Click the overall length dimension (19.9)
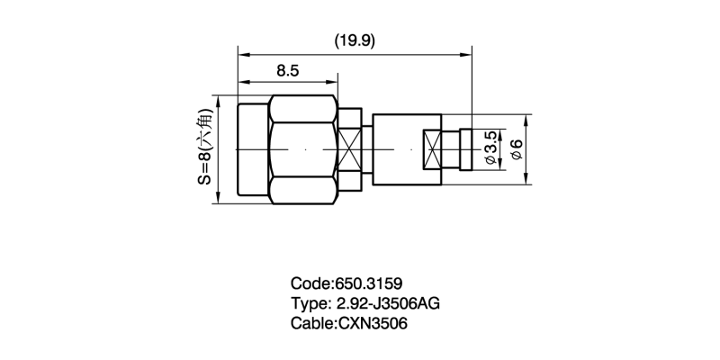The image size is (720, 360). (355, 41)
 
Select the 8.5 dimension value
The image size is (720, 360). (288, 71)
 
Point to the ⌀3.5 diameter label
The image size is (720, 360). (490, 148)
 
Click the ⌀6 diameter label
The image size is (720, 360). (517, 149)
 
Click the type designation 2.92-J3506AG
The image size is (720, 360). (389, 303)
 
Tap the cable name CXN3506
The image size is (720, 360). (373, 324)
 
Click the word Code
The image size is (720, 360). (310, 283)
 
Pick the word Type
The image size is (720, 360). (309, 303)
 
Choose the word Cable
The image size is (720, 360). (311, 324)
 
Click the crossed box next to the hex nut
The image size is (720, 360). (349, 149)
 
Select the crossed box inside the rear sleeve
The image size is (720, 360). (432, 149)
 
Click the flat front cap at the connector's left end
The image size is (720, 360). (253, 149)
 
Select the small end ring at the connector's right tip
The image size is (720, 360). (466, 149)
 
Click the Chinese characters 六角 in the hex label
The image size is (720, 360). (205, 125)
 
